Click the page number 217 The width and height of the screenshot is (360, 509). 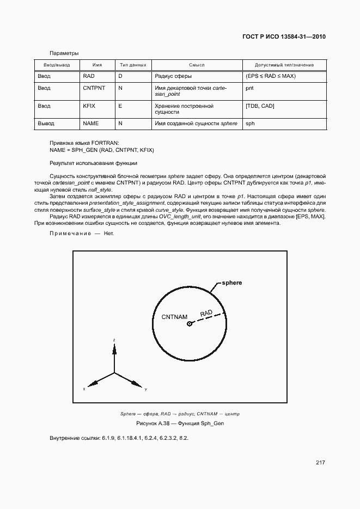tap(320, 463)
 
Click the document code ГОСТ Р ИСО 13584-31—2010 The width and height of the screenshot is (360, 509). tap(284, 37)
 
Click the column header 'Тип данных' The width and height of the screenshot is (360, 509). tap(133, 65)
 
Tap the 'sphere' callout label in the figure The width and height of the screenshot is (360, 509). tap(232, 283)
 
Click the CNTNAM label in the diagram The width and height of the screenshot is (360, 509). tap(175, 316)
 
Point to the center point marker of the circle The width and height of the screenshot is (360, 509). tap(190, 324)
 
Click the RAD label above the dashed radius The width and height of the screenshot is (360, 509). tap(206, 313)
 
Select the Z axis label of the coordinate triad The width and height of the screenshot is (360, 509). tap(114, 340)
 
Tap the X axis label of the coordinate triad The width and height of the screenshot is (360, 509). tap(84, 390)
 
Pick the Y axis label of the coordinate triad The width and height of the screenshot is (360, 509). tap(145, 390)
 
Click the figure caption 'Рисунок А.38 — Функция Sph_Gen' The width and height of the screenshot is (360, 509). tap(180, 424)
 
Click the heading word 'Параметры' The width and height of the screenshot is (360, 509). tap(64, 53)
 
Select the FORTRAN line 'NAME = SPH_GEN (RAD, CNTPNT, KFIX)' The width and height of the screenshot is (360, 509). tap(102, 149)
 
